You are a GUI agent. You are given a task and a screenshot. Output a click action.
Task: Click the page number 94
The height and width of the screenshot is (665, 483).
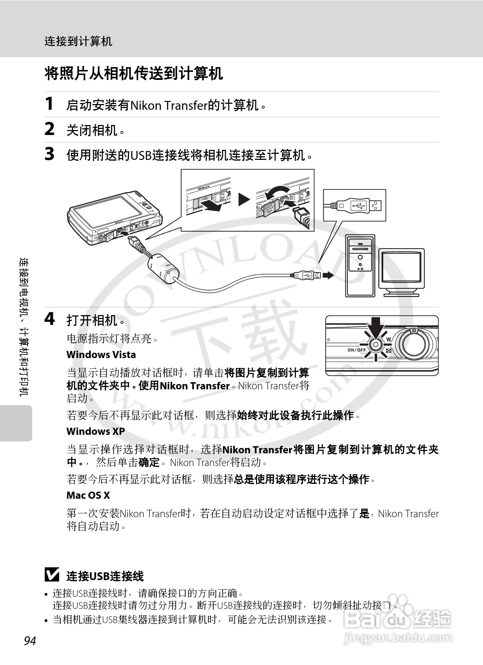pyautogui.click(x=30, y=641)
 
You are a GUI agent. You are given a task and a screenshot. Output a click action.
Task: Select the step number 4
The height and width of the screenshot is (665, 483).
pyautogui.click(x=49, y=319)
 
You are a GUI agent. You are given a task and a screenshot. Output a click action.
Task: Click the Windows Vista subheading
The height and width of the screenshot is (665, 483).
pyautogui.click(x=101, y=355)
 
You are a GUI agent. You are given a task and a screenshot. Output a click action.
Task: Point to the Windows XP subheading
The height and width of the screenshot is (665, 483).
pyautogui.click(x=96, y=431)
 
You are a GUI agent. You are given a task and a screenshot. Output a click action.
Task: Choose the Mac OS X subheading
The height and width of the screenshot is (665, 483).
pyautogui.click(x=88, y=495)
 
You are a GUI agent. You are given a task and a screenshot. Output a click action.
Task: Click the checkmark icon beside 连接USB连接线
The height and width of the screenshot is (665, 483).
pyautogui.click(x=52, y=575)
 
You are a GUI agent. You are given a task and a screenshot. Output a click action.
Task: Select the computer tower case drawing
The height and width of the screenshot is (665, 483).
pyautogui.click(x=360, y=266)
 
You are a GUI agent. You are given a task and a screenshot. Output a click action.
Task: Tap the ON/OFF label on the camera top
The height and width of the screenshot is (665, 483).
pyautogui.click(x=357, y=350)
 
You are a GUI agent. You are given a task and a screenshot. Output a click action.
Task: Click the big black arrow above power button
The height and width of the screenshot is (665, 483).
pyautogui.click(x=375, y=327)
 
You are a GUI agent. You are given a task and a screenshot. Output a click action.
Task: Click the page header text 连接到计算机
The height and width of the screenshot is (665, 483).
pyautogui.click(x=78, y=42)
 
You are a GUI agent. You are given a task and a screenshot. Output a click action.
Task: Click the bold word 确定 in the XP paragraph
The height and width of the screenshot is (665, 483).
pyautogui.click(x=149, y=462)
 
